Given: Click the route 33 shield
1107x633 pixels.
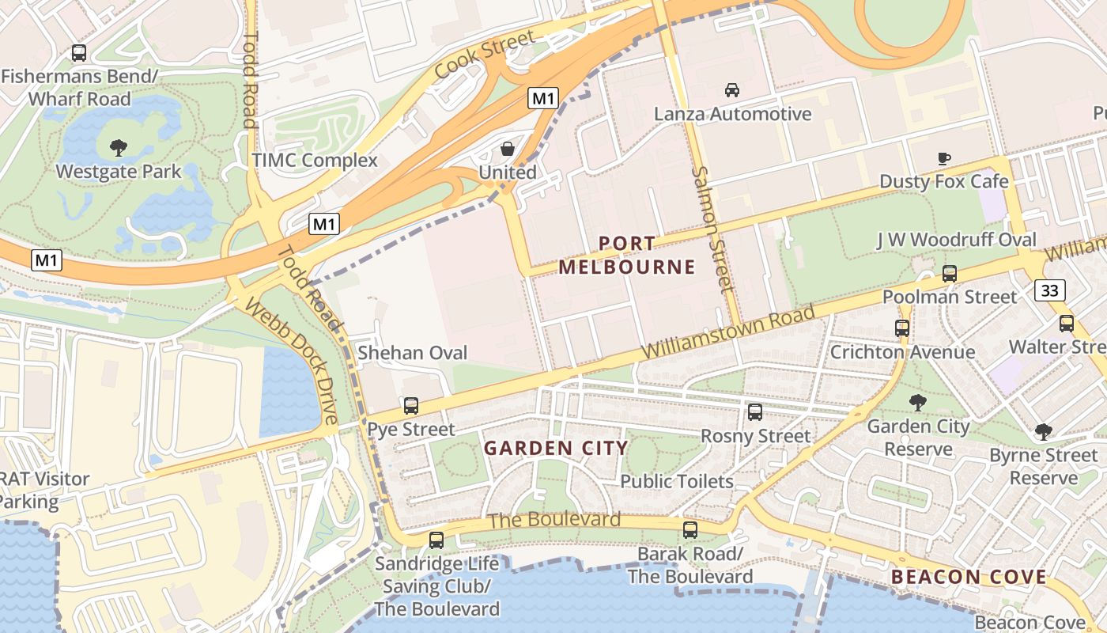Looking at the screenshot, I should click(x=1049, y=290).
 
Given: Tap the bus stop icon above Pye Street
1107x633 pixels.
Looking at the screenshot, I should click(x=411, y=406).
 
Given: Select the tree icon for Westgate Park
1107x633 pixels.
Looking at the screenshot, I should click(x=119, y=147).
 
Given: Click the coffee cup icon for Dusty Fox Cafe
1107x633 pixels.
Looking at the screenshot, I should click(x=944, y=158).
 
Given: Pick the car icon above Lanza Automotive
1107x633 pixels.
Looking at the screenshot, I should click(x=732, y=90).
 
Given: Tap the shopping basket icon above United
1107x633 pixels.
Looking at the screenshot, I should click(x=508, y=149).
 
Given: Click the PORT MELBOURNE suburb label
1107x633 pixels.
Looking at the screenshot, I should click(x=627, y=255).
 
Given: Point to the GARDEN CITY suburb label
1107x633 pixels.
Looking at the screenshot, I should click(x=556, y=449).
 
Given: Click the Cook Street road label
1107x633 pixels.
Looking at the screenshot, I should click(x=485, y=55).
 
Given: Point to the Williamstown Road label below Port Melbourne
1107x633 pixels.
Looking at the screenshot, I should click(x=727, y=332).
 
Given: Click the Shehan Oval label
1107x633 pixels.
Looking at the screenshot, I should click(x=413, y=353).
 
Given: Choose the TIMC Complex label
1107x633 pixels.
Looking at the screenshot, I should click(x=315, y=161).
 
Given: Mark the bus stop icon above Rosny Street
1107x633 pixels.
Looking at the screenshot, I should click(x=755, y=412).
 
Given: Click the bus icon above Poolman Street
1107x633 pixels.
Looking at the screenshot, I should click(x=950, y=274).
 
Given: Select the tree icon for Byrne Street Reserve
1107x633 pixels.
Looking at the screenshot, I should click(x=1044, y=432).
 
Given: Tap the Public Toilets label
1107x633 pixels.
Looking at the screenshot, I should click(x=677, y=481).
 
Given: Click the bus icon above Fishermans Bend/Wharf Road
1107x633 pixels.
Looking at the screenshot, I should click(x=79, y=53).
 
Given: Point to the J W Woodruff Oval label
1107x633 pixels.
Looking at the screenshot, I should click(x=956, y=240).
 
